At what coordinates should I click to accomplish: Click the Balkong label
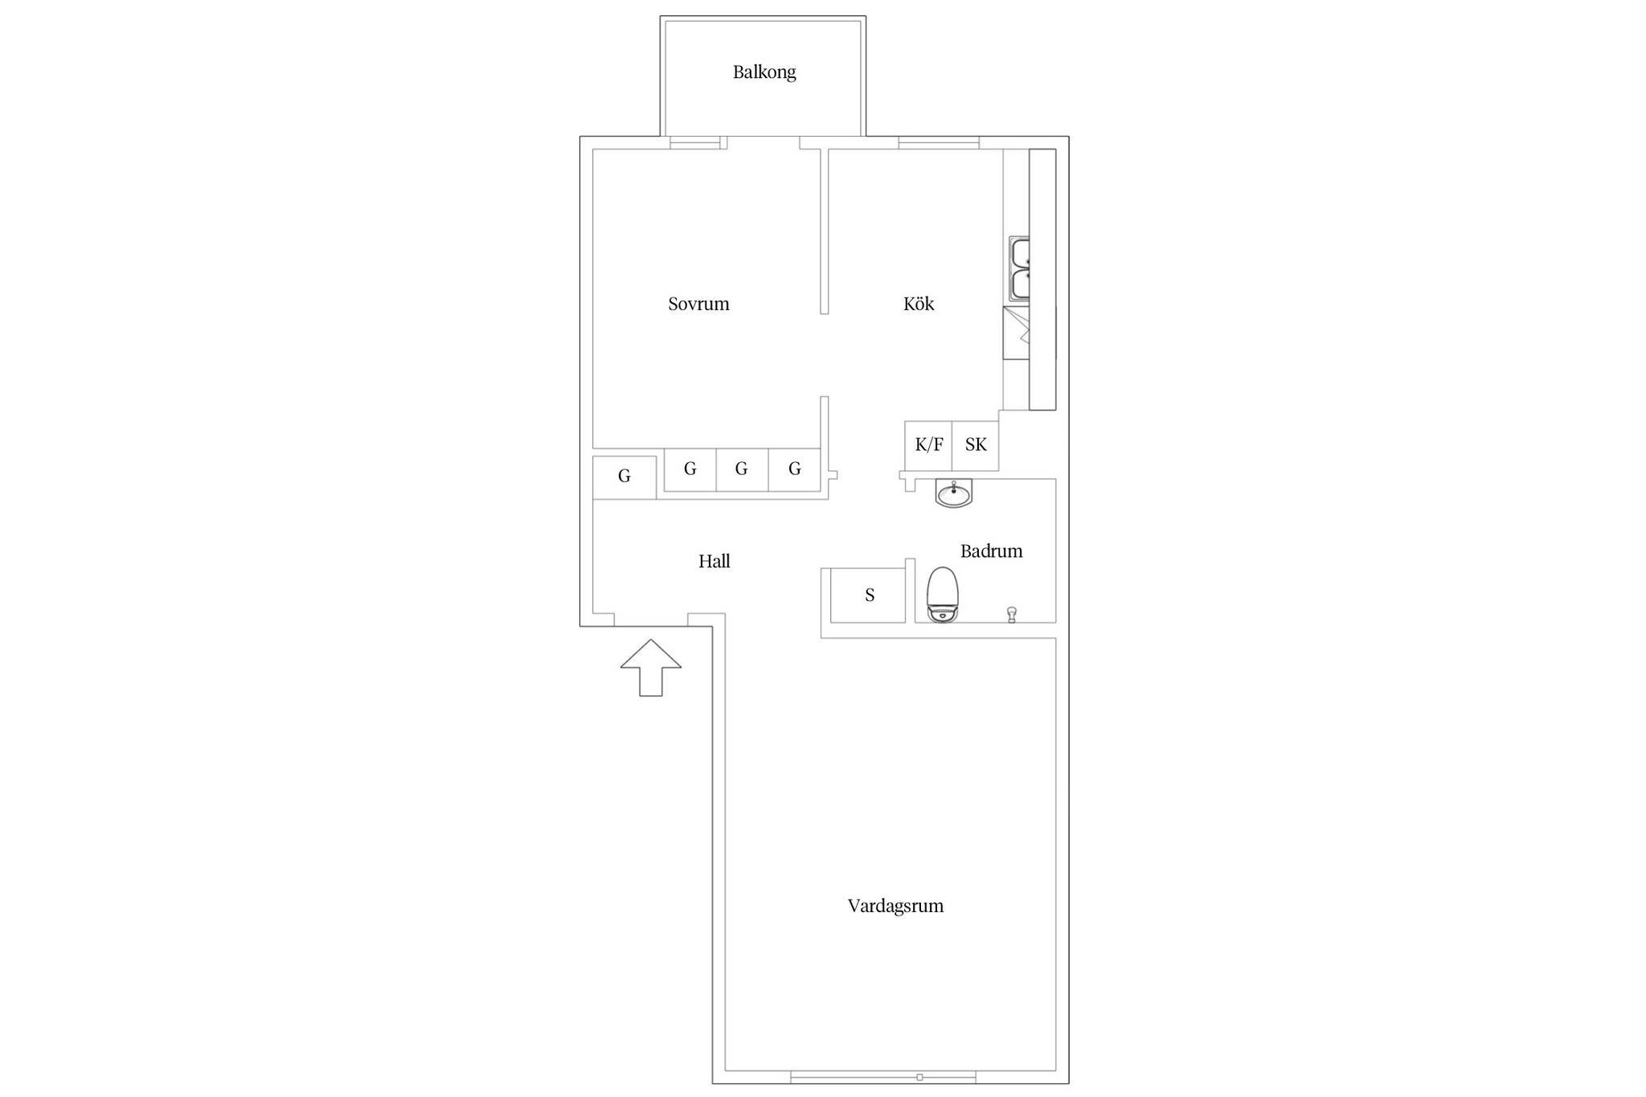click(764, 72)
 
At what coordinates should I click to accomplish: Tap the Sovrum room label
click(698, 304)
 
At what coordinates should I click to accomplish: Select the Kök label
click(919, 304)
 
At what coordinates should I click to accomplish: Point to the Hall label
click(714, 561)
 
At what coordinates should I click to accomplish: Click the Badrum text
click(991, 551)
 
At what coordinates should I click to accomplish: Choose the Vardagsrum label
click(895, 906)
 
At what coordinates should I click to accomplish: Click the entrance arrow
click(651, 667)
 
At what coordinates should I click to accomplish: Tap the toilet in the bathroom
click(943, 595)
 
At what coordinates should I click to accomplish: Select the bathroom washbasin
click(954, 493)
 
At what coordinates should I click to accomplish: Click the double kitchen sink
click(1020, 268)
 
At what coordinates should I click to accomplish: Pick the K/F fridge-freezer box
click(928, 445)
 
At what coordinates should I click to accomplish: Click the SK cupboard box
click(976, 445)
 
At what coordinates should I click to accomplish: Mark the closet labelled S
click(868, 596)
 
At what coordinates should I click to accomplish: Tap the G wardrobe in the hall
click(624, 477)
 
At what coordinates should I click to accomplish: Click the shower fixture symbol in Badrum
click(1012, 615)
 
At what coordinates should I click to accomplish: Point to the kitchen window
click(939, 143)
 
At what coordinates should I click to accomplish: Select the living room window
click(882, 1077)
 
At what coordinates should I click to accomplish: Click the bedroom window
click(695, 143)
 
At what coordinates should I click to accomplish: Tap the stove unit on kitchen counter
click(1017, 333)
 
